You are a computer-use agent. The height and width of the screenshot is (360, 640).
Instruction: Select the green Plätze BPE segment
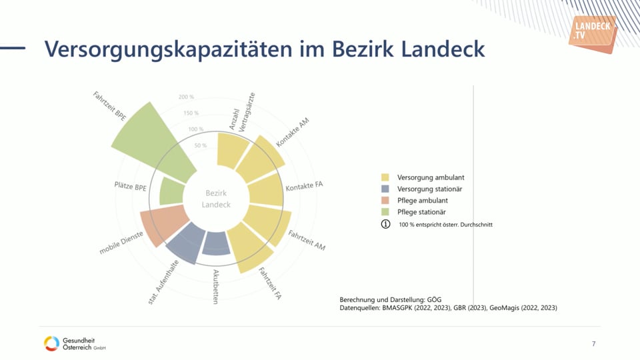[x=171, y=193]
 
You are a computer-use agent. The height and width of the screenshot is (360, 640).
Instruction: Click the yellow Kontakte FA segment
[x=265, y=190]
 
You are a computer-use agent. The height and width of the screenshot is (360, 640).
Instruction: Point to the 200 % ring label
[x=187, y=97]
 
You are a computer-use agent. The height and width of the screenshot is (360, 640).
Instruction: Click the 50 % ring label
[x=201, y=145]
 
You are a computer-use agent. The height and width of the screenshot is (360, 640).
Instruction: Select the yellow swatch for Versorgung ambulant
[x=385, y=178]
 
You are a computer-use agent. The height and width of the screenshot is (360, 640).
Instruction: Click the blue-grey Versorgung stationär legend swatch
[x=385, y=189]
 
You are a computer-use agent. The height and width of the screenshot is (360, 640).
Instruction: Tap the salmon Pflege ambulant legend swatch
[x=385, y=201]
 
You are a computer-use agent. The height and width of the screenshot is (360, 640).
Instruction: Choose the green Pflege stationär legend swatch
[x=385, y=212]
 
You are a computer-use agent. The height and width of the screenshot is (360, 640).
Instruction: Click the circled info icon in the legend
[x=385, y=224]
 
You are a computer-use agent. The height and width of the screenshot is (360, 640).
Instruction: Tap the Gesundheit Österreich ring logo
[x=51, y=343]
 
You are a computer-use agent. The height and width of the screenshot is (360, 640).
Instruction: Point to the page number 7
[x=593, y=344]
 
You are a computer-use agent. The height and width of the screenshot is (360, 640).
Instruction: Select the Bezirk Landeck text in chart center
[x=216, y=199]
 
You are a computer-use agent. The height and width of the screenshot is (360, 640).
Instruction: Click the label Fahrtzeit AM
[x=306, y=240]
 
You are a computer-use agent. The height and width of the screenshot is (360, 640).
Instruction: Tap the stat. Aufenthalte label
[x=163, y=283]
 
